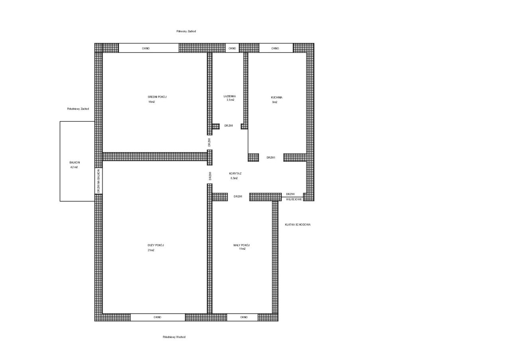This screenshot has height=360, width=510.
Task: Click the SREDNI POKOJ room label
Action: (x=157, y=97)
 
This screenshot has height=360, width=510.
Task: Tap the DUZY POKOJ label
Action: (x=156, y=245)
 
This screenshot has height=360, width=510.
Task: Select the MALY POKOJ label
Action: (x=241, y=245)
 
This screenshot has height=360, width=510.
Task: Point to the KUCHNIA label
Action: (x=277, y=98)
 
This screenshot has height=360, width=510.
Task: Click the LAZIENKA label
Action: (x=230, y=96)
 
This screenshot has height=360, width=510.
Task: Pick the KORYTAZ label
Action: (x=235, y=174)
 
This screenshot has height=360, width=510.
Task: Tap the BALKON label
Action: (x=75, y=163)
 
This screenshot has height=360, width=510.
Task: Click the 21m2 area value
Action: (x=151, y=250)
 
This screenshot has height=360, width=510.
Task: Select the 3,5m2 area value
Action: (x=230, y=100)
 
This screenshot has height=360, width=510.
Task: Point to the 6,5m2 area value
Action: (x=234, y=178)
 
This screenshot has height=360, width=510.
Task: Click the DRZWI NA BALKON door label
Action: (x=98, y=181)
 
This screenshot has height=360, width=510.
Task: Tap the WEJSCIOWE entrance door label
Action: (x=294, y=200)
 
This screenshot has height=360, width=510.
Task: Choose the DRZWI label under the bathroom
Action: (x=229, y=126)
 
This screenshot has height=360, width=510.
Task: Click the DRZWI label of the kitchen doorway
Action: (x=271, y=157)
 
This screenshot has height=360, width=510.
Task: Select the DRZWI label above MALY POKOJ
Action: (x=238, y=197)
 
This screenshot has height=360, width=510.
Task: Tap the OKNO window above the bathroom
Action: (x=232, y=48)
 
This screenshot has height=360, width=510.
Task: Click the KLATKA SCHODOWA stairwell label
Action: (x=298, y=225)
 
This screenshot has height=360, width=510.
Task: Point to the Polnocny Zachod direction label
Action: (x=186, y=31)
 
